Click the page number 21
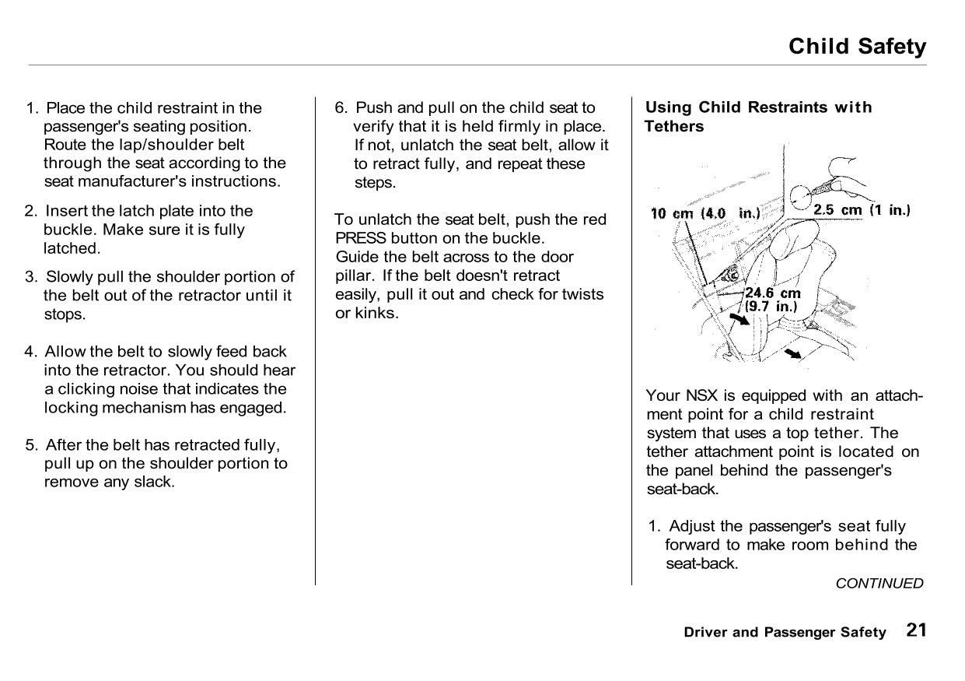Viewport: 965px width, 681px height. [x=916, y=630]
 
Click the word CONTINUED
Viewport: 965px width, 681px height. [x=879, y=583]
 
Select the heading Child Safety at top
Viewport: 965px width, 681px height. [x=857, y=47]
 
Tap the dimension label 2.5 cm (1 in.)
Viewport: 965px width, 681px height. [x=861, y=209]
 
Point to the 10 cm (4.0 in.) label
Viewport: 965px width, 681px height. [x=705, y=213]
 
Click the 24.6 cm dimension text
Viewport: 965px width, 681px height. [x=772, y=293]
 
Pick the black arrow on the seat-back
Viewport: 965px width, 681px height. [x=739, y=320]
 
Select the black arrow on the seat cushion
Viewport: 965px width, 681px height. [x=792, y=354]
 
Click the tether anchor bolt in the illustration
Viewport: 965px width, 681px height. [x=731, y=274]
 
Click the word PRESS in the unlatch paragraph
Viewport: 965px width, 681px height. [x=360, y=238]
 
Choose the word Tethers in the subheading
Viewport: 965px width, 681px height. [x=674, y=126]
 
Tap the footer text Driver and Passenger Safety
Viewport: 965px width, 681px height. [x=785, y=632]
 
